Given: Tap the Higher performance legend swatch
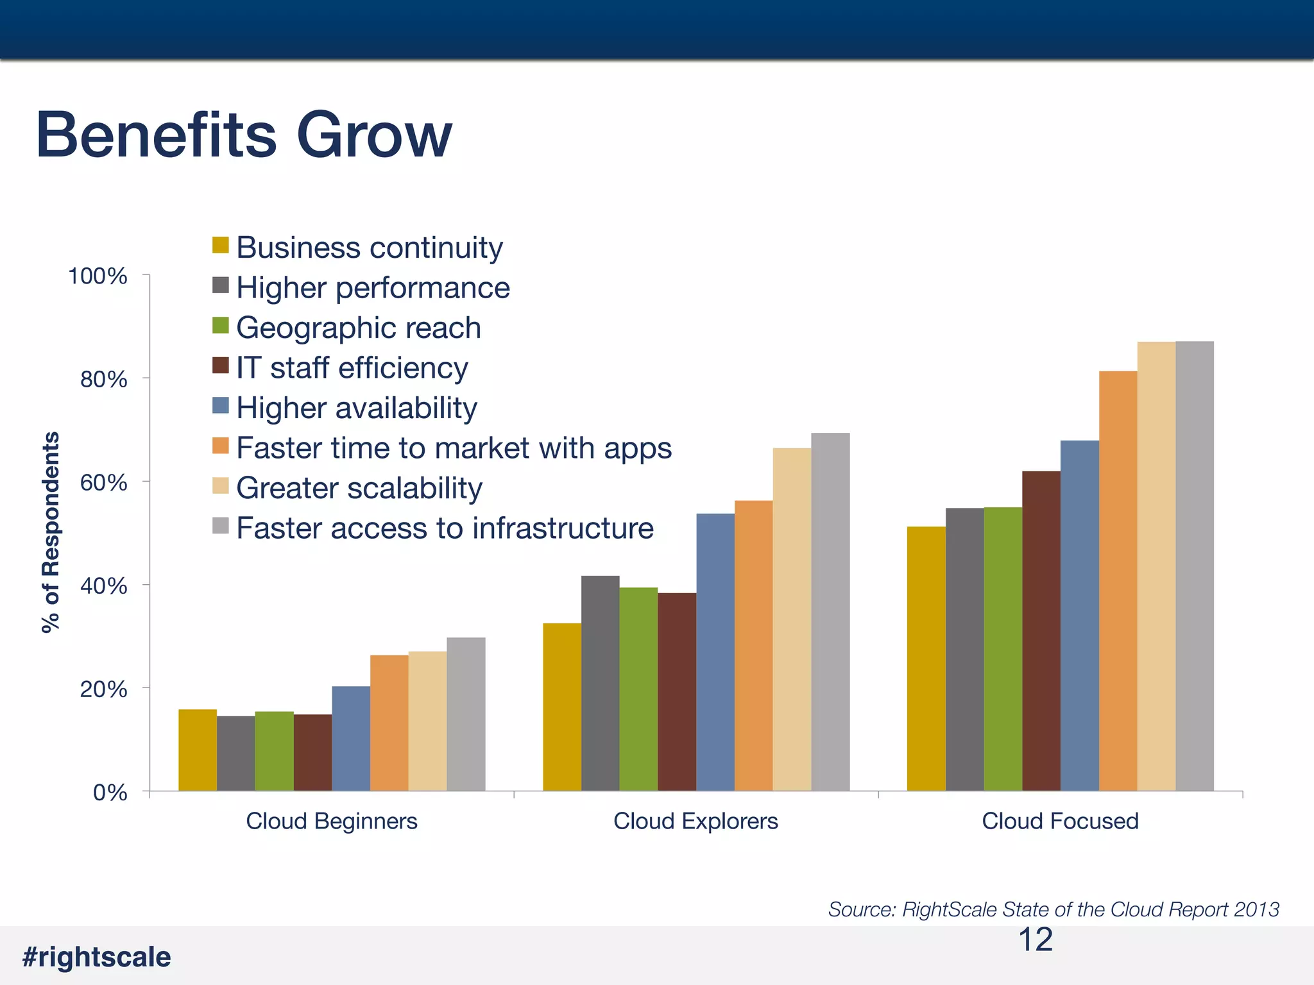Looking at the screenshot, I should [221, 285].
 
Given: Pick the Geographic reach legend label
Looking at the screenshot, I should [358, 328].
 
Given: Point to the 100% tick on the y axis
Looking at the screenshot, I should [98, 276].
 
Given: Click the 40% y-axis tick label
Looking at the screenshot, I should [103, 585].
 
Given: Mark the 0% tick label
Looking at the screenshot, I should [110, 793].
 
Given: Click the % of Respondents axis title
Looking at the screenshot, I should [50, 532].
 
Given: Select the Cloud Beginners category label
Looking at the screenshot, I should [332, 821].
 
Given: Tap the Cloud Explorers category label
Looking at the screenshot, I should [695, 821].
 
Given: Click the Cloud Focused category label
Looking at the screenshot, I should [1060, 821].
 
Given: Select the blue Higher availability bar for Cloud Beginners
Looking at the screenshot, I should [351, 737].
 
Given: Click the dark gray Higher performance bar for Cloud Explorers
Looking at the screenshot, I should [600, 683].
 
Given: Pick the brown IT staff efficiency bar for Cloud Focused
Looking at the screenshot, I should [1041, 632].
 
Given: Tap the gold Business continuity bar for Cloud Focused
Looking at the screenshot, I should [926, 659].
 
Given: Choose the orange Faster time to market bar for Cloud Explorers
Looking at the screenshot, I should [753, 644].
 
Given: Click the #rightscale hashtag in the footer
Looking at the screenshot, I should [96, 957].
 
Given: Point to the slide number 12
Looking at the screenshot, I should [1035, 939].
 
